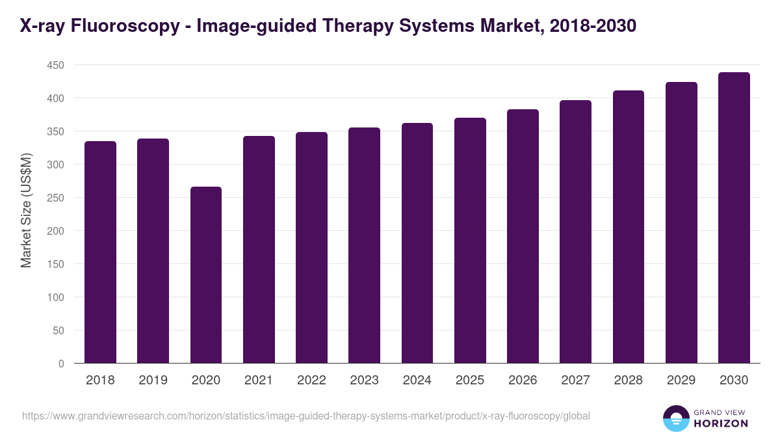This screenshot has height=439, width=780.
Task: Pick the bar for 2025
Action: [x=470, y=240]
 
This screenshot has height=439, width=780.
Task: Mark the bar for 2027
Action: [x=575, y=232]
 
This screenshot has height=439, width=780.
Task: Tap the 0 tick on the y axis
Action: [x=61, y=364]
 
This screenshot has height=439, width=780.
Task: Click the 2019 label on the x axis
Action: [x=153, y=380]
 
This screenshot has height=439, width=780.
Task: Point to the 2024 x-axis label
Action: [x=417, y=380]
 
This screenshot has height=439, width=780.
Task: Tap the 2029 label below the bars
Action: [x=681, y=380]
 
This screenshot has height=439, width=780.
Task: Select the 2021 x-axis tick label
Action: [x=259, y=380]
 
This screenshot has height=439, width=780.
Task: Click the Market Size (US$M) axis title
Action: [x=26, y=210]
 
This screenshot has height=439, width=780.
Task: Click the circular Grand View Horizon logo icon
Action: [x=676, y=418]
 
